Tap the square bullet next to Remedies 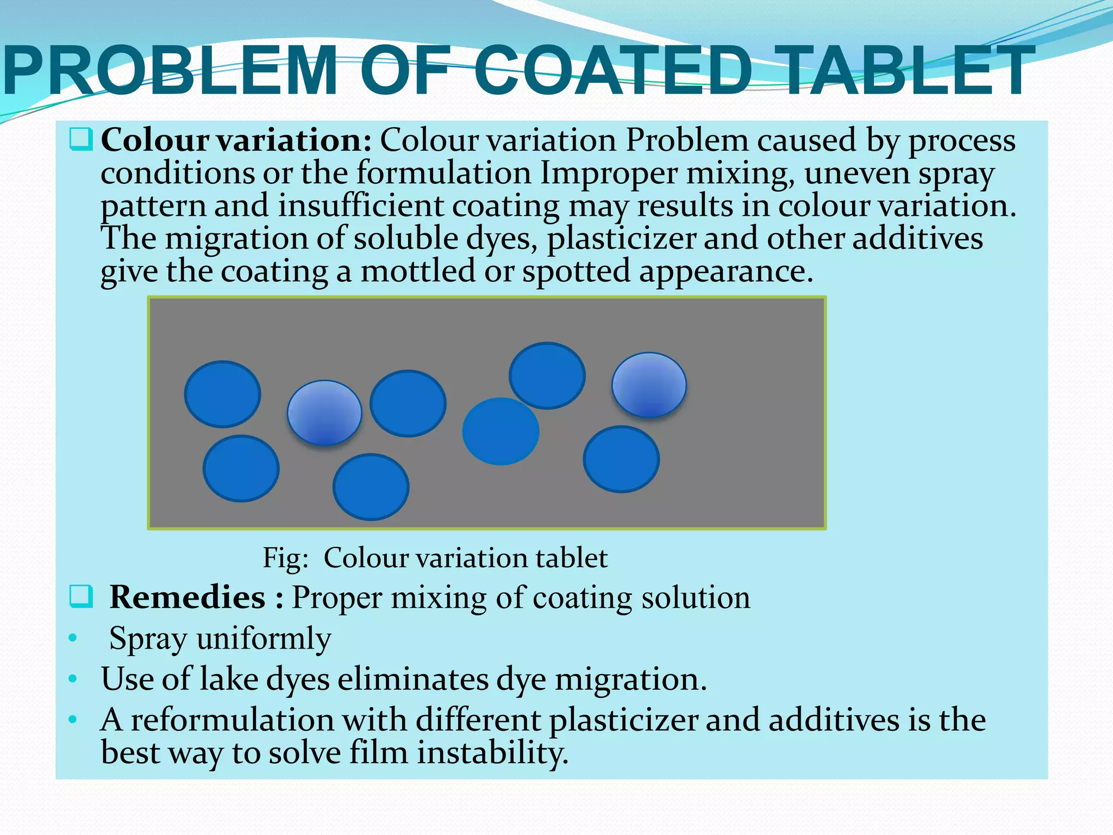click(x=82, y=597)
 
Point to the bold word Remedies click(x=187, y=597)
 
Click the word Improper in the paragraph click(x=609, y=174)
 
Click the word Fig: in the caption click(x=286, y=558)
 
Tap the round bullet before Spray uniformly click(x=73, y=638)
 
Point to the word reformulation click(x=268, y=720)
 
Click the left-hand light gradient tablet click(x=324, y=413)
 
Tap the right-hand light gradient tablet click(x=649, y=385)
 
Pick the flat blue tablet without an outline click(x=501, y=431)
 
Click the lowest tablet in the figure click(x=371, y=487)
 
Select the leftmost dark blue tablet click(x=222, y=394)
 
